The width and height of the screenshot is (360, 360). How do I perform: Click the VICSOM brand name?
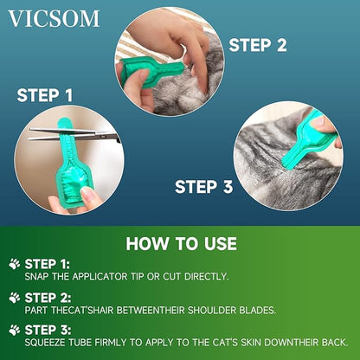click(55, 18)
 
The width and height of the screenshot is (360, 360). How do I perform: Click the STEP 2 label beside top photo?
click(257, 45)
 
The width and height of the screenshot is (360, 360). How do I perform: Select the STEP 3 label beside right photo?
click(204, 185)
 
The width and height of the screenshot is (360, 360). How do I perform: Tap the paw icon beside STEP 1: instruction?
click(14, 262)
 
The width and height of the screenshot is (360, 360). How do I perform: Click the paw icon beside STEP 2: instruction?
click(14, 297)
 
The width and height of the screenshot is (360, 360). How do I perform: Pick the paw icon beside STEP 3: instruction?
click(14, 330)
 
